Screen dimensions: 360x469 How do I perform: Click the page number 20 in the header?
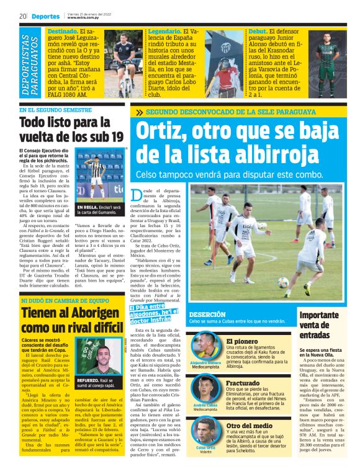[x=22, y=16]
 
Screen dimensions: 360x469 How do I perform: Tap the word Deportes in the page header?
[x=45, y=16]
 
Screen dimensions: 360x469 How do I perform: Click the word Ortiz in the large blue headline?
[x=161, y=132]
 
